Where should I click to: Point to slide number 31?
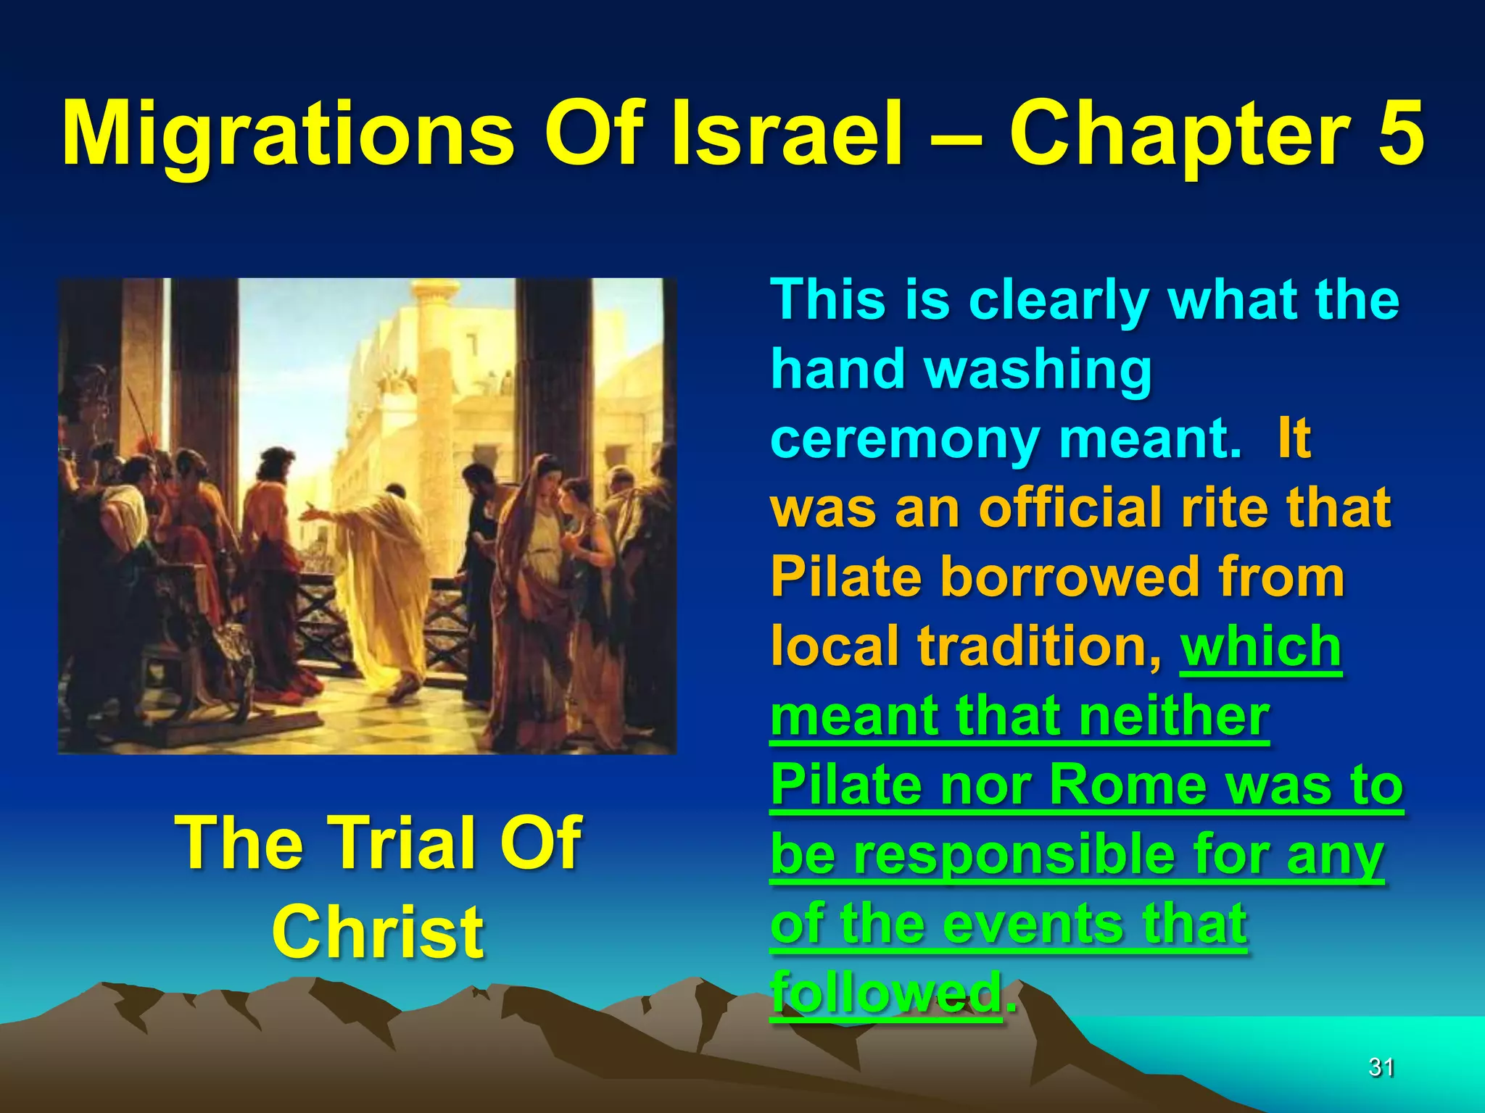pos(1381,1067)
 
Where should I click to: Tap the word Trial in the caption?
pos(402,842)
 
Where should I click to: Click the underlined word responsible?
pos(1014,854)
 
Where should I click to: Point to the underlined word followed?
pos(886,992)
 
